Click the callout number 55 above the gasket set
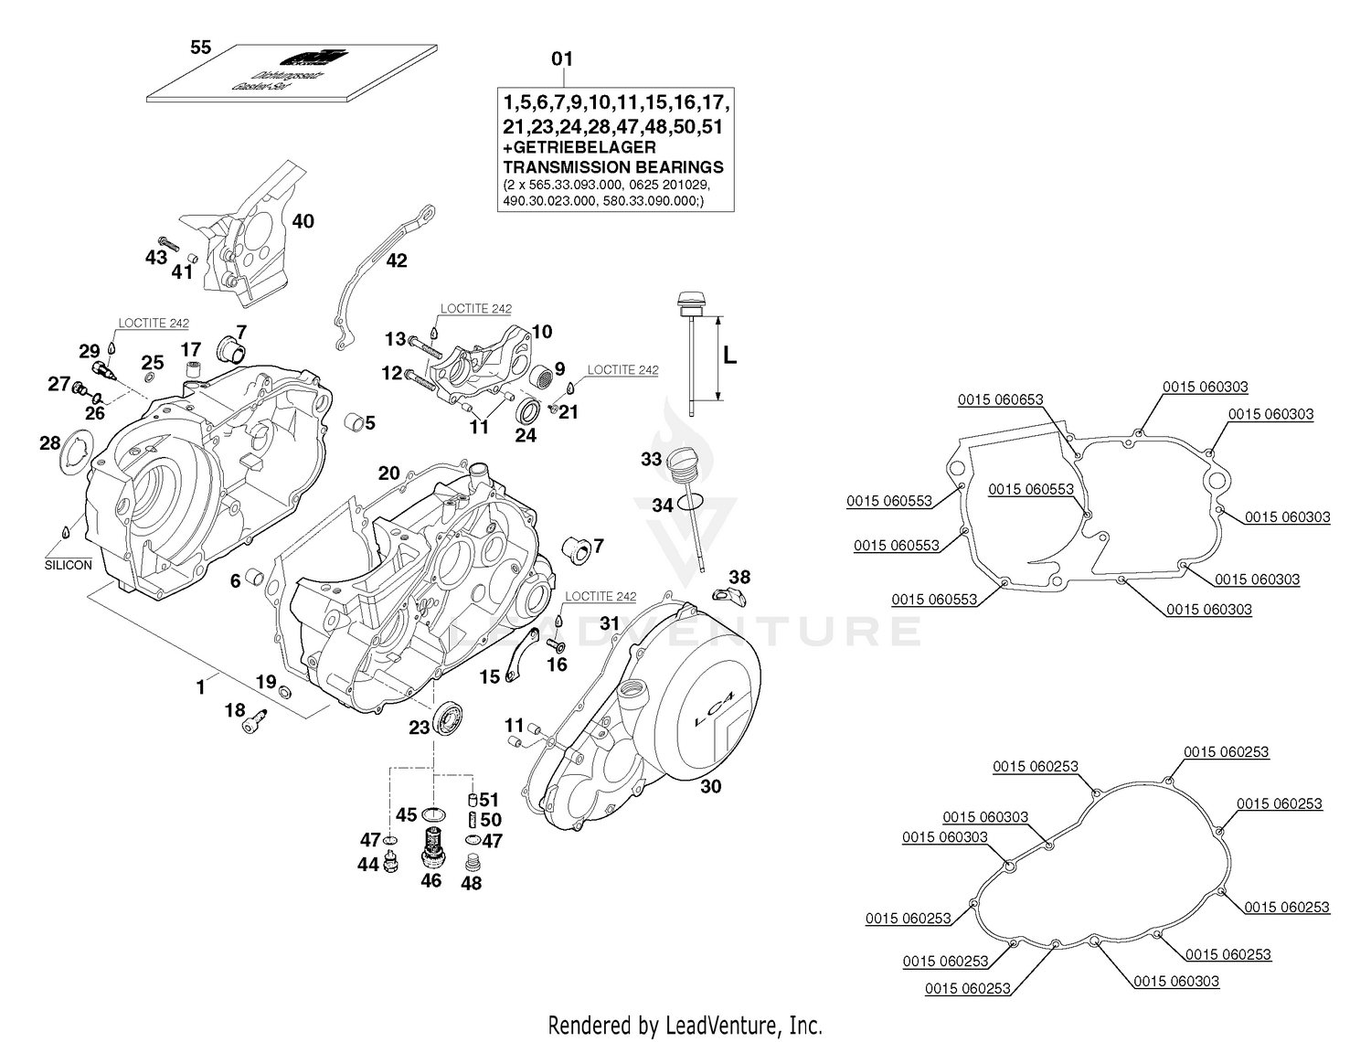click(x=200, y=48)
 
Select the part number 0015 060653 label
click(x=1000, y=400)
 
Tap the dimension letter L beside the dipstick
click(x=729, y=356)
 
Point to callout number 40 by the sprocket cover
click(x=303, y=221)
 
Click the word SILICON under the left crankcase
click(x=69, y=565)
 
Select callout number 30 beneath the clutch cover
click(x=710, y=786)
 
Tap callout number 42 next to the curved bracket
click(x=396, y=260)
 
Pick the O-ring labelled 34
click(x=692, y=502)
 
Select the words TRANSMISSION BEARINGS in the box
click(x=613, y=167)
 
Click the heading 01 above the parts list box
click(x=561, y=59)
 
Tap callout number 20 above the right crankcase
click(x=389, y=473)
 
